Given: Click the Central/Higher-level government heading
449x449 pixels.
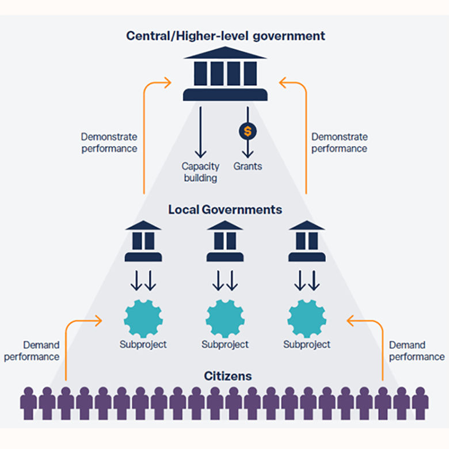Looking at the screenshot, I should [225, 36].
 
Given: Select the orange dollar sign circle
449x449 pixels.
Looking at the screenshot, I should [248, 131].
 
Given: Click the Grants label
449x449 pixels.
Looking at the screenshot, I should [248, 166].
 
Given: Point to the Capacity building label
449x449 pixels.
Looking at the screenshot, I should [200, 172].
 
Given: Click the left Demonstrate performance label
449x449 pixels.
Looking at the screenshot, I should [109, 143].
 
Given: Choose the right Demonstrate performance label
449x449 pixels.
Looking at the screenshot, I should [339, 143].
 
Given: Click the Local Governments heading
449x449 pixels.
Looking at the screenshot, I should [225, 210].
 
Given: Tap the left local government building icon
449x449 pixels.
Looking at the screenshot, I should [143, 241].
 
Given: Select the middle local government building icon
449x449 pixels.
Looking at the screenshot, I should [225, 241].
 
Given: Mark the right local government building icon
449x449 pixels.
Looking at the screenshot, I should [307, 241].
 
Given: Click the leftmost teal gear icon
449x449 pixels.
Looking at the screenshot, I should [143, 318].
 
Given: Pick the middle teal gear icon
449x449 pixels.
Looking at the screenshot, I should [225, 318].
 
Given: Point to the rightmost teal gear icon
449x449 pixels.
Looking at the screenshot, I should [307, 318].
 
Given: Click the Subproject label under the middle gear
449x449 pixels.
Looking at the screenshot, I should [225, 345].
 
